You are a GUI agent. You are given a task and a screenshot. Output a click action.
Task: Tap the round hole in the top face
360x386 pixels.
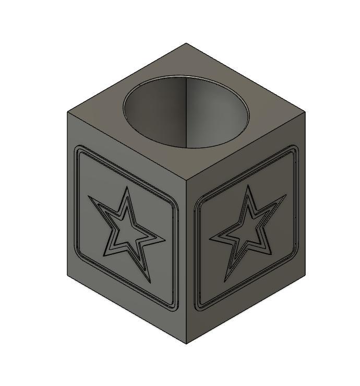pos(186,112)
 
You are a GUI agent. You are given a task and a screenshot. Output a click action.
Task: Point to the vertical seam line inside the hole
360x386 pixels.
pos(186,112)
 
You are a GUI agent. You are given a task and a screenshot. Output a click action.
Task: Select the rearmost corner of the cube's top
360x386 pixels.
pos(186,43)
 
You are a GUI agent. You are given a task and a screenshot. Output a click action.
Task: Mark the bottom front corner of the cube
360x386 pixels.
pos(186,344)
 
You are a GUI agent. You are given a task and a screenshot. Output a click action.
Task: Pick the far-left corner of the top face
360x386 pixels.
pos(67,112)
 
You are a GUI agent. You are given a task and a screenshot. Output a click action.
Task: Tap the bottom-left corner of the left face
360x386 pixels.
pos(67,275)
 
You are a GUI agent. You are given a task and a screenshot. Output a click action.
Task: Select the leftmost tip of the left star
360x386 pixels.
pos(88,196)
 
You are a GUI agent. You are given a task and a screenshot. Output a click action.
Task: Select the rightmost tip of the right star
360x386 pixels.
pos(286,195)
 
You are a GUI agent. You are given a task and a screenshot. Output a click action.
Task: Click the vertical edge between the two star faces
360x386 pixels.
pos(186,261)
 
